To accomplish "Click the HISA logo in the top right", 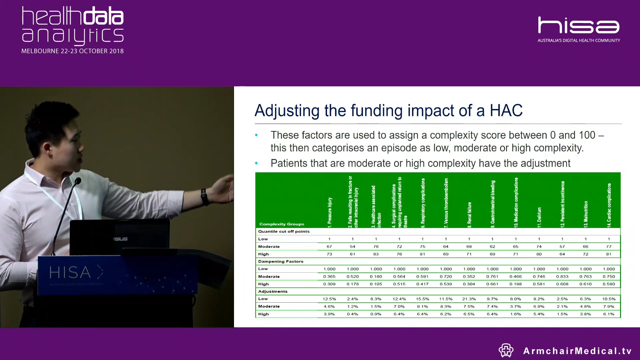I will [579, 26].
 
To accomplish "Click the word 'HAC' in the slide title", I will [506, 110].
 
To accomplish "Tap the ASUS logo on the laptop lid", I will [120, 239].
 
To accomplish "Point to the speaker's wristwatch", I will [205, 197].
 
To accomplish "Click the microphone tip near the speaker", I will [78, 181].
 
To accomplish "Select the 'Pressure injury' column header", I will [330, 212].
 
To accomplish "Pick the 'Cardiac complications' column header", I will [609, 205].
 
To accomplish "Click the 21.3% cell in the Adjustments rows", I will [469, 299].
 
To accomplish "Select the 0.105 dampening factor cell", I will [376, 284].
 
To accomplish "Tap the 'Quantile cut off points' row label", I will [284, 231].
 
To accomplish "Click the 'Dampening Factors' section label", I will [281, 261].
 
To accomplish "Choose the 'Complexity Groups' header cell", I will [282, 224].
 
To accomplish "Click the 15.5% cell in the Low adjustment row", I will [422, 299].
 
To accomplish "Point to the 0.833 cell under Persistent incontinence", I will [562, 276].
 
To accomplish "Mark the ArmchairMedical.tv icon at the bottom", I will [506, 350].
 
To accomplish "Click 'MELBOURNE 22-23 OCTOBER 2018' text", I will [72, 51].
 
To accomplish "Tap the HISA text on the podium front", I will [70, 273].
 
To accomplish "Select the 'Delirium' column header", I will [539, 217].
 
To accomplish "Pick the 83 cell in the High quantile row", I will [376, 254].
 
